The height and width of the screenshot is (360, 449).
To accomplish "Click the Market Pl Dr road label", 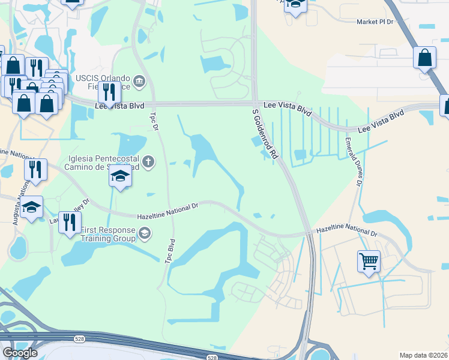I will click(x=374, y=22).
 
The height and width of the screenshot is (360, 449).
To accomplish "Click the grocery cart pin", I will click(x=369, y=261).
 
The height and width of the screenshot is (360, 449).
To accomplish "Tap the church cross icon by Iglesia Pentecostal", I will click(x=148, y=161).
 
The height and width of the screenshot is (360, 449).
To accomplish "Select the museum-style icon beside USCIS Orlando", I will click(x=139, y=81).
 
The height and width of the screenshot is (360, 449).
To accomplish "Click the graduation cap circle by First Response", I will click(x=144, y=233).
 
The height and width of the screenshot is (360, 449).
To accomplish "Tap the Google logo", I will click(x=20, y=352).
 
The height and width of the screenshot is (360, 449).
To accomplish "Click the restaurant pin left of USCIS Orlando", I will click(x=108, y=92).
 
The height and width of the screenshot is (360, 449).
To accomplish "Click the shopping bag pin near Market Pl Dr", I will click(x=424, y=58).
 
